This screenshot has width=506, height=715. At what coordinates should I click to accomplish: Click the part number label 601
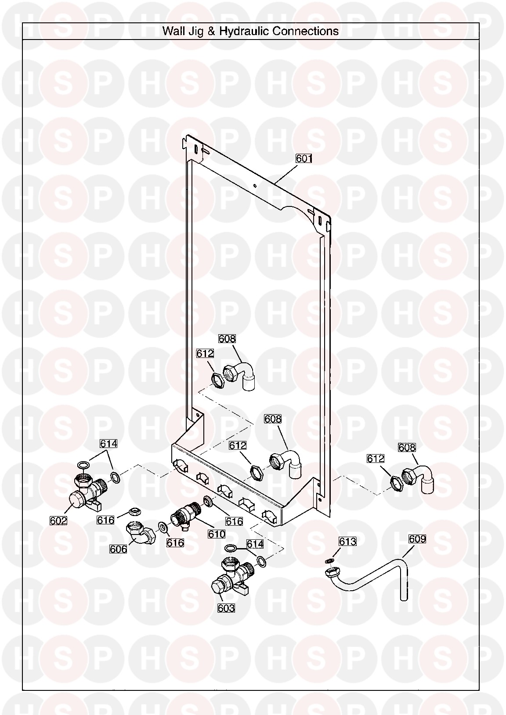click(304, 158)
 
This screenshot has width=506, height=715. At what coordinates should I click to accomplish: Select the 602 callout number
click(58, 520)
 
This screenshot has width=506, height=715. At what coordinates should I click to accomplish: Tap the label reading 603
click(226, 608)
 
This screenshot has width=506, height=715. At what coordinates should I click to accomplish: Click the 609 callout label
click(417, 539)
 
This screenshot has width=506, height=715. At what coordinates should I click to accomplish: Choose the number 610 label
click(217, 534)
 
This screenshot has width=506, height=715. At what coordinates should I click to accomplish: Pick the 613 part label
click(347, 542)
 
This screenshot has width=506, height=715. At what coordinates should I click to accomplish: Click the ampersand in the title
click(211, 31)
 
